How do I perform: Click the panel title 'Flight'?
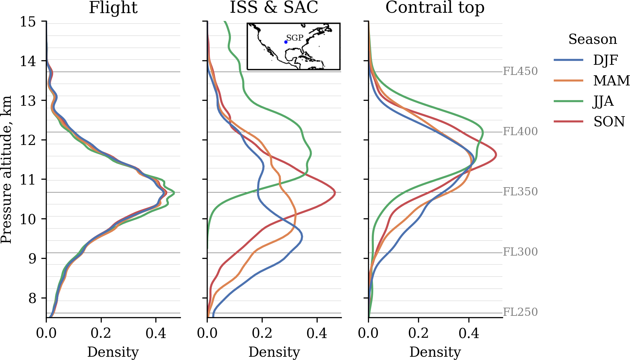(x=113, y=8)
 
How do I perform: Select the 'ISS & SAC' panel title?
(x=274, y=8)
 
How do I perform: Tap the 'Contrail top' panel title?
(x=435, y=8)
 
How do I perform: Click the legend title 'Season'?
(x=592, y=39)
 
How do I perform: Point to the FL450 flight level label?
(x=520, y=71)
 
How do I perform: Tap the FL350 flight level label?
(x=520, y=192)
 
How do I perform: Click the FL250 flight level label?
(x=520, y=312)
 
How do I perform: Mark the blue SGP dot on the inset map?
(x=286, y=42)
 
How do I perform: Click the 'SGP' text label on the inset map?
(x=295, y=38)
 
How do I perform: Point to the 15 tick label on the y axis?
(x=28, y=22)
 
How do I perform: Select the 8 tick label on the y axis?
(x=32, y=298)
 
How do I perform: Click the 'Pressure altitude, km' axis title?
(x=6, y=170)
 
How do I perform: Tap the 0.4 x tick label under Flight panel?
(x=156, y=333)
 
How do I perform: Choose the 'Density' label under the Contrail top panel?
(x=435, y=352)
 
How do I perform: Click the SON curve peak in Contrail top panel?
(x=496, y=155)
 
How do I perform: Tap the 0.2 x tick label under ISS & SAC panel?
(x=262, y=333)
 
